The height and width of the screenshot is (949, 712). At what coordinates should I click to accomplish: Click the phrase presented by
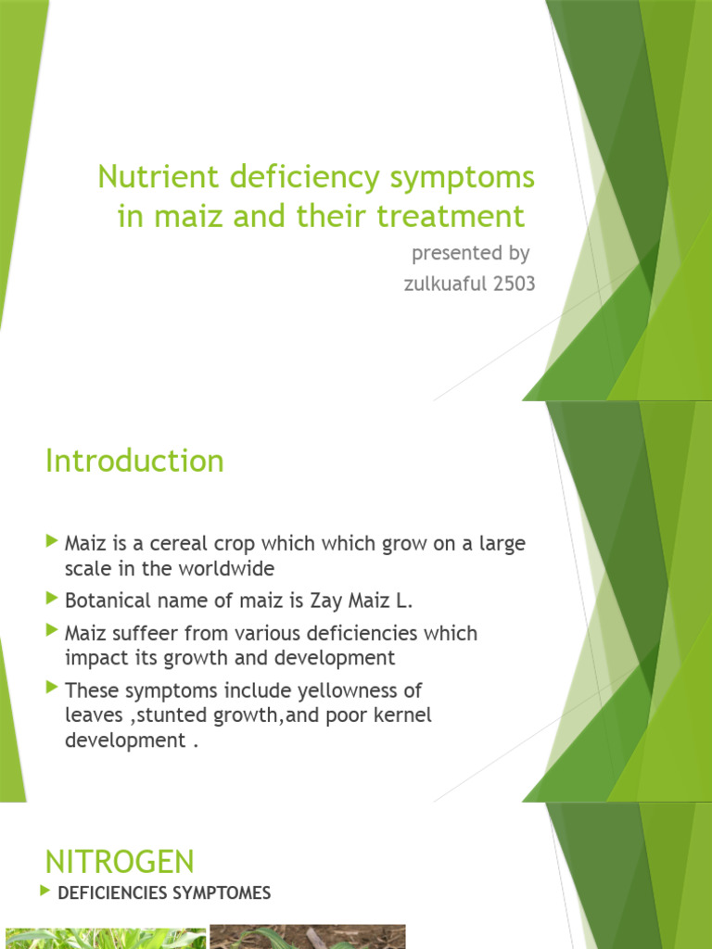[x=470, y=253]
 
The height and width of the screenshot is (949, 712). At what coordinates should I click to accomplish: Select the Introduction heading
[x=134, y=461]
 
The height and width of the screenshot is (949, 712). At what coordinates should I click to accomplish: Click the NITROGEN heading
[x=120, y=862]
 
